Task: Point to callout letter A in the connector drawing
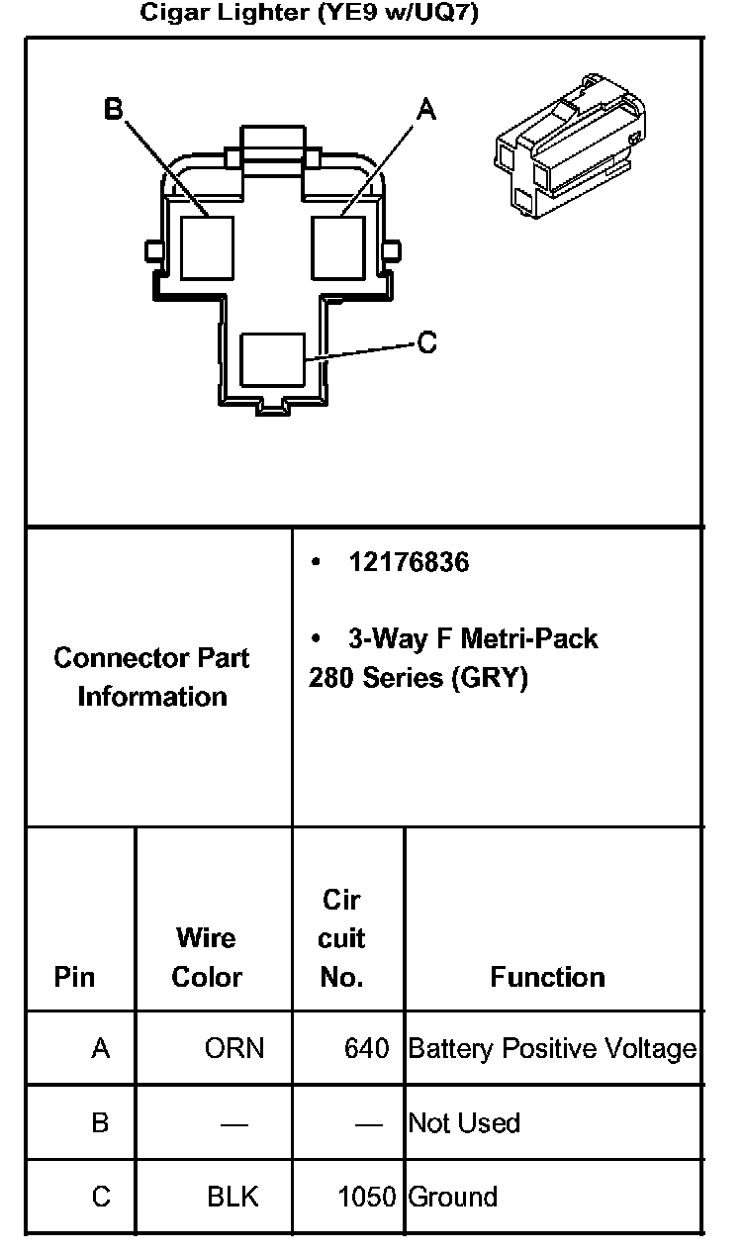point(425,111)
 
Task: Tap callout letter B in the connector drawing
point(114,108)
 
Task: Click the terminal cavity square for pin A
point(338,246)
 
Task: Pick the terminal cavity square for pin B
point(208,246)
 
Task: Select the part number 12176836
point(409,562)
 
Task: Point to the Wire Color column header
point(207,957)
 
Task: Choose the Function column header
point(547,977)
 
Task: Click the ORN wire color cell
point(234,1048)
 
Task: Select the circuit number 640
point(367,1048)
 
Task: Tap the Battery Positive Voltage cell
point(552,1048)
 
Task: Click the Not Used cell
point(464,1123)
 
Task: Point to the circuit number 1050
point(367,1197)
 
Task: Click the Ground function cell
point(453,1197)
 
